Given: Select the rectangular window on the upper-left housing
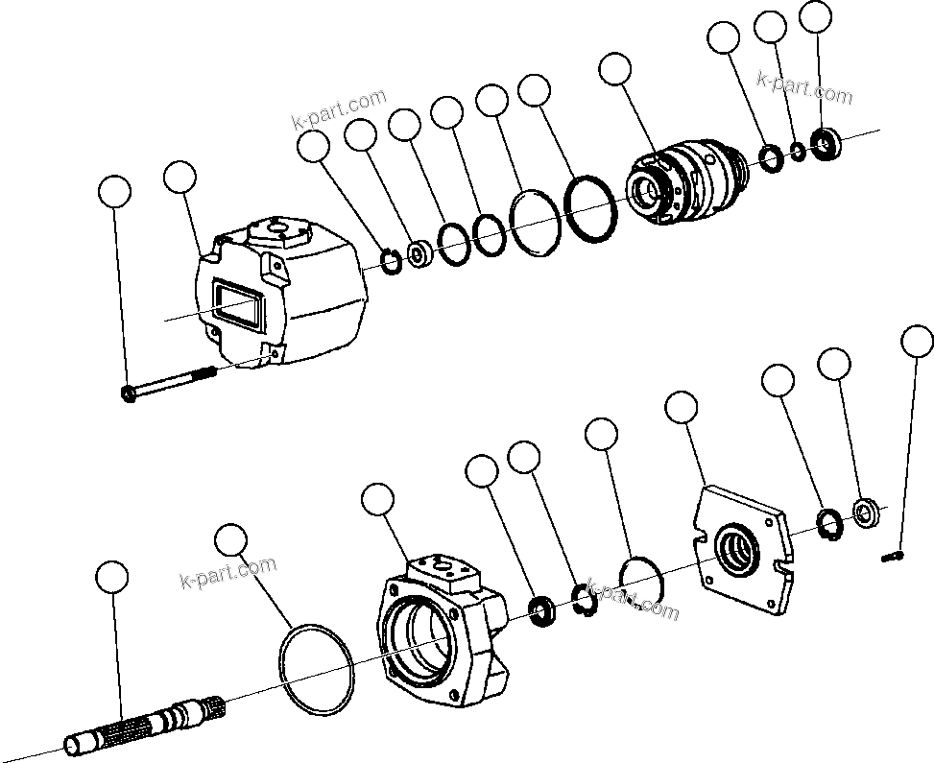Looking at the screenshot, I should click(235, 304).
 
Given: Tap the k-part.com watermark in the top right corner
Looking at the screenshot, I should click(803, 87).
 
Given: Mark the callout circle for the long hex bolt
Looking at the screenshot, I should click(115, 192).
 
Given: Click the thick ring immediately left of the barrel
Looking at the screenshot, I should click(590, 207).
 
